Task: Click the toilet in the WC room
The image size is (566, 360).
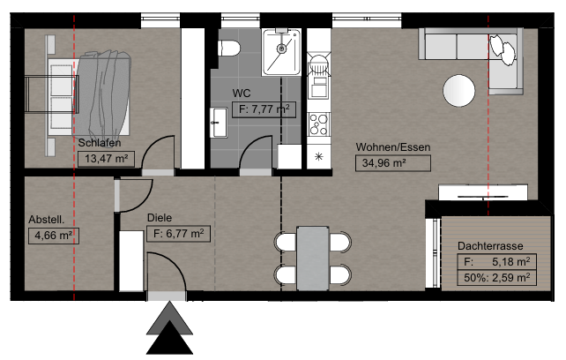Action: pos(229,49)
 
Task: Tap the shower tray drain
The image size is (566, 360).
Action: pos(281,48)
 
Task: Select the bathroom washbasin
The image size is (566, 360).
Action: pos(219,123)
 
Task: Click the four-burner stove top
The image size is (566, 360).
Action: pos(319,124)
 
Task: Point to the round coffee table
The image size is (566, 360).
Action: pos(458,90)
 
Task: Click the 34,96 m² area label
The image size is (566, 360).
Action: pos(392,163)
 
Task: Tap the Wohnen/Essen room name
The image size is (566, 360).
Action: pos(393,147)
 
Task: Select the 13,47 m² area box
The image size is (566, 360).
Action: pos(106,159)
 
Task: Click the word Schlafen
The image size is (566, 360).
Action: pos(100,143)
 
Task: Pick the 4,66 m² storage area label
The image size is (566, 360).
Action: pos(54,236)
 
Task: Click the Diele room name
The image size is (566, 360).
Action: pos(160,218)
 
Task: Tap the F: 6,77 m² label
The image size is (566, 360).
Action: pos(178,234)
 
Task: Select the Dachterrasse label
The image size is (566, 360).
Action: pos(490,246)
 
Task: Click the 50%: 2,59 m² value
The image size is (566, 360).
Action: pos(496,277)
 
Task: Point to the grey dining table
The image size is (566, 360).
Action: pos(313,258)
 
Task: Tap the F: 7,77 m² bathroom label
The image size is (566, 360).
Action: pos(264,109)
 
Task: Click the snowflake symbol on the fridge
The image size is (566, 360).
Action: pos(319,156)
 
